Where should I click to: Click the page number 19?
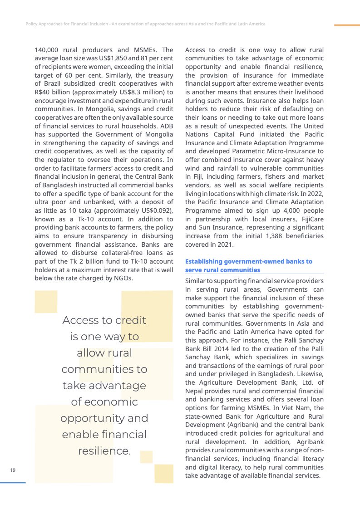[x=13, y=470]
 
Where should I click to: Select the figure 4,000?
[x=276, y=210]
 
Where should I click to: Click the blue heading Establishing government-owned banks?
[x=249, y=262]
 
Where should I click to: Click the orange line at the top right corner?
[x=347, y=25]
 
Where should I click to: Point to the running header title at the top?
[x=145, y=24]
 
